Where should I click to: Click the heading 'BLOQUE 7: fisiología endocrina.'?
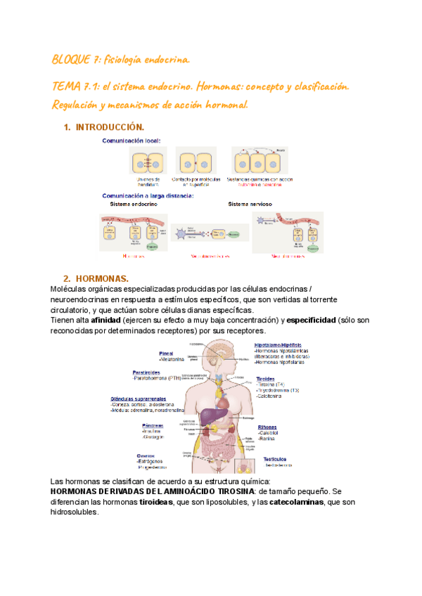click(x=120, y=61)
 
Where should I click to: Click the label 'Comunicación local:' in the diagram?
click(x=132, y=141)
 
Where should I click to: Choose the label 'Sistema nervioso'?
click(x=250, y=204)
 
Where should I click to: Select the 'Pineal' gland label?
click(x=166, y=353)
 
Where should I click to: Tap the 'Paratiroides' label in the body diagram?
click(x=151, y=372)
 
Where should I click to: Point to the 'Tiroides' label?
click(x=265, y=377)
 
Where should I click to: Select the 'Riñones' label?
click(x=267, y=427)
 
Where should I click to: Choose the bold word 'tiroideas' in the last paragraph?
click(x=158, y=502)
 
